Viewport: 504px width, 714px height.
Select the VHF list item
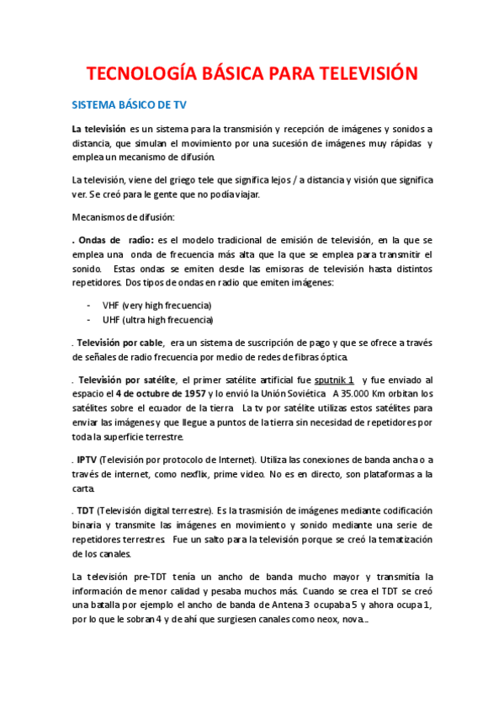157,305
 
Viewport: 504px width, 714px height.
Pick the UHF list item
157,320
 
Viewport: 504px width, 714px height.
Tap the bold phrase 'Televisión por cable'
120,343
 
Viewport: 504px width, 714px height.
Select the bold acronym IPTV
87,459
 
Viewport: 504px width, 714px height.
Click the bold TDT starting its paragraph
85,510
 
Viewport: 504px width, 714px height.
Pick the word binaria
89,525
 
